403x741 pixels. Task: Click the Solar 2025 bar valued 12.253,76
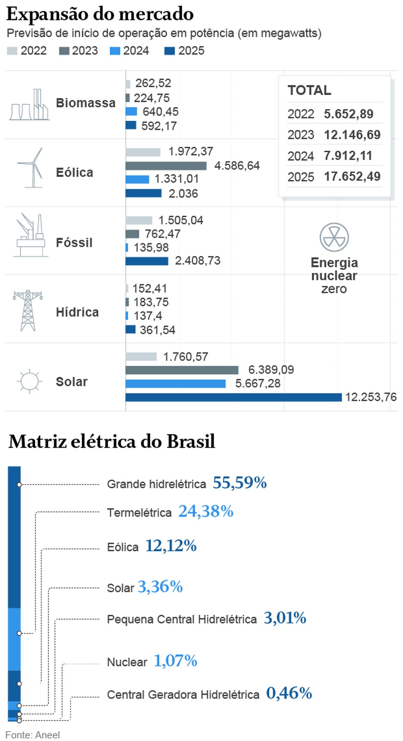(x=233, y=397)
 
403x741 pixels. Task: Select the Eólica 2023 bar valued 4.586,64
(x=166, y=165)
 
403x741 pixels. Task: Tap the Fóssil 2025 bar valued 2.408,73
(x=147, y=261)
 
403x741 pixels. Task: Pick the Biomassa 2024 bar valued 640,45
(x=131, y=111)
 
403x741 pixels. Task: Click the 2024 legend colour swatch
(x=115, y=51)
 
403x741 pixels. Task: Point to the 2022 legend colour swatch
(x=12, y=51)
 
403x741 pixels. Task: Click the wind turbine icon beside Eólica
(x=32, y=168)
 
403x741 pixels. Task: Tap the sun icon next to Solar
(x=29, y=381)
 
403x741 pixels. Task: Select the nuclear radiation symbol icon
(x=334, y=237)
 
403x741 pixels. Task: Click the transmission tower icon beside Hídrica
(x=28, y=310)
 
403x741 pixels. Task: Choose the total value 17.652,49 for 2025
(x=352, y=177)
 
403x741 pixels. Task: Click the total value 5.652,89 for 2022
(x=349, y=114)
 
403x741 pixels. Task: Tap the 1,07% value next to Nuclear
(x=175, y=660)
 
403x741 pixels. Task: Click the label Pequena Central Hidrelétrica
(x=181, y=619)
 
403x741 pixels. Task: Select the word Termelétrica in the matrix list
(x=139, y=512)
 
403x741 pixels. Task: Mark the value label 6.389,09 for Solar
(x=271, y=370)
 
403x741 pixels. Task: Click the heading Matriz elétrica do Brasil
(x=112, y=442)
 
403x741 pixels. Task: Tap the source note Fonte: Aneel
(x=33, y=734)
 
